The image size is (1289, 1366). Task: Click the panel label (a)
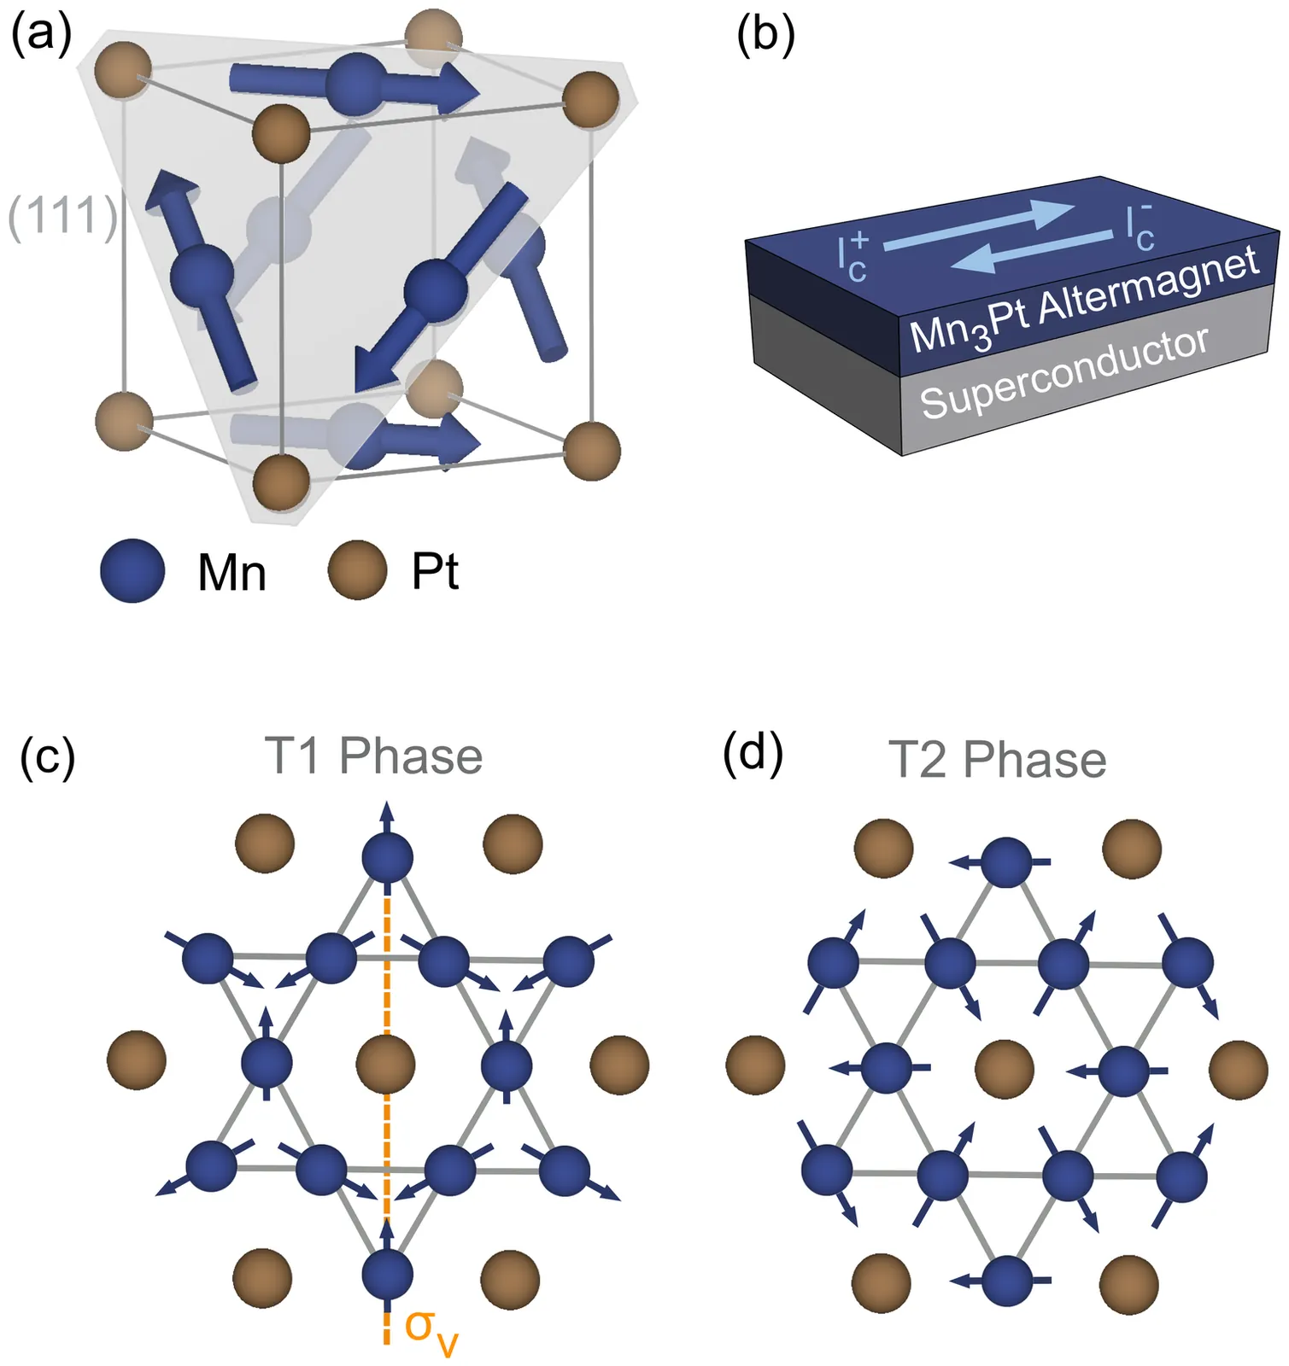(40, 35)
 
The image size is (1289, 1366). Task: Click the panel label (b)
(765, 35)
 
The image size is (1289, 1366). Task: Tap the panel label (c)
(48, 756)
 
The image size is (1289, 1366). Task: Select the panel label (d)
(753, 754)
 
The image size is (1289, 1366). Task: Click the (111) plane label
(62, 215)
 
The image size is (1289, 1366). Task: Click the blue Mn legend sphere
(132, 571)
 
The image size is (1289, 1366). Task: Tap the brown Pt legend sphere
(358, 569)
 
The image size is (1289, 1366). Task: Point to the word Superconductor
(1063, 372)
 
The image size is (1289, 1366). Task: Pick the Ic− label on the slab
(1140, 226)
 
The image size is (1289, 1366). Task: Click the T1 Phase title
(373, 756)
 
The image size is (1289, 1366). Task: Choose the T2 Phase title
(997, 760)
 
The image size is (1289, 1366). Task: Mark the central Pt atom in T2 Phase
(1005, 1069)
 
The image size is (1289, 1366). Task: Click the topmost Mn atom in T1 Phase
(388, 857)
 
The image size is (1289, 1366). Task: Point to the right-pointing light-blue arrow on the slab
(978, 225)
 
